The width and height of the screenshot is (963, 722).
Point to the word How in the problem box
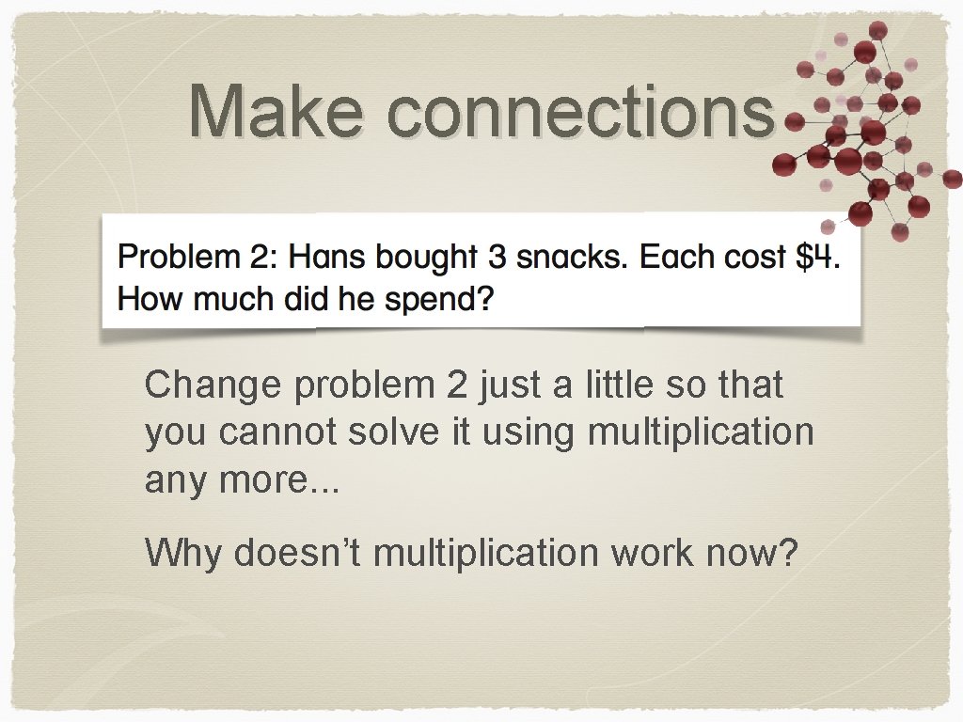[146, 301]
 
